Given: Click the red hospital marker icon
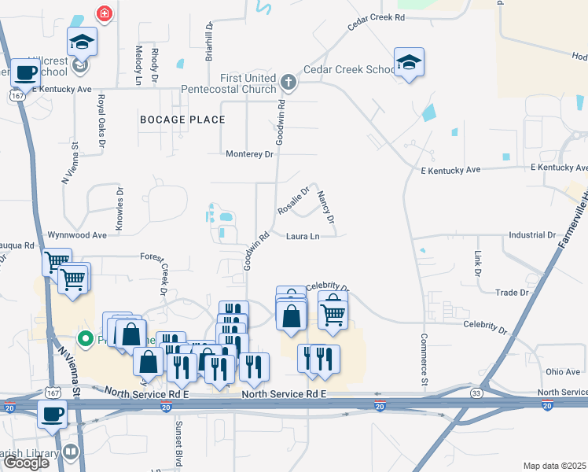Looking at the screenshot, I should (x=103, y=13).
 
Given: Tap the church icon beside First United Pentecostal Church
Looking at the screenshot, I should (x=288, y=80).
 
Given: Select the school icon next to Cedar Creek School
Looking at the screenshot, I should (x=409, y=62).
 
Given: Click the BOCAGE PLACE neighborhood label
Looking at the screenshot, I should (x=182, y=120).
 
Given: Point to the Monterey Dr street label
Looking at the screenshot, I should (x=249, y=154).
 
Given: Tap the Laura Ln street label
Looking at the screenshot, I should (x=303, y=236).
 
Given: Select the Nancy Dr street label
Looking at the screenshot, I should (x=325, y=206).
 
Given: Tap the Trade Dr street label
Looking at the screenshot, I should (x=512, y=293).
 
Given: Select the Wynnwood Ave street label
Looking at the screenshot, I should (x=77, y=235).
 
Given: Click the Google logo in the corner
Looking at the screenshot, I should (x=26, y=463).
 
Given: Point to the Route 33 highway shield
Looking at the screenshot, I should (x=476, y=392).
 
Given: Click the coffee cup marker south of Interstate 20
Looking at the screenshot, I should (x=53, y=414).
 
